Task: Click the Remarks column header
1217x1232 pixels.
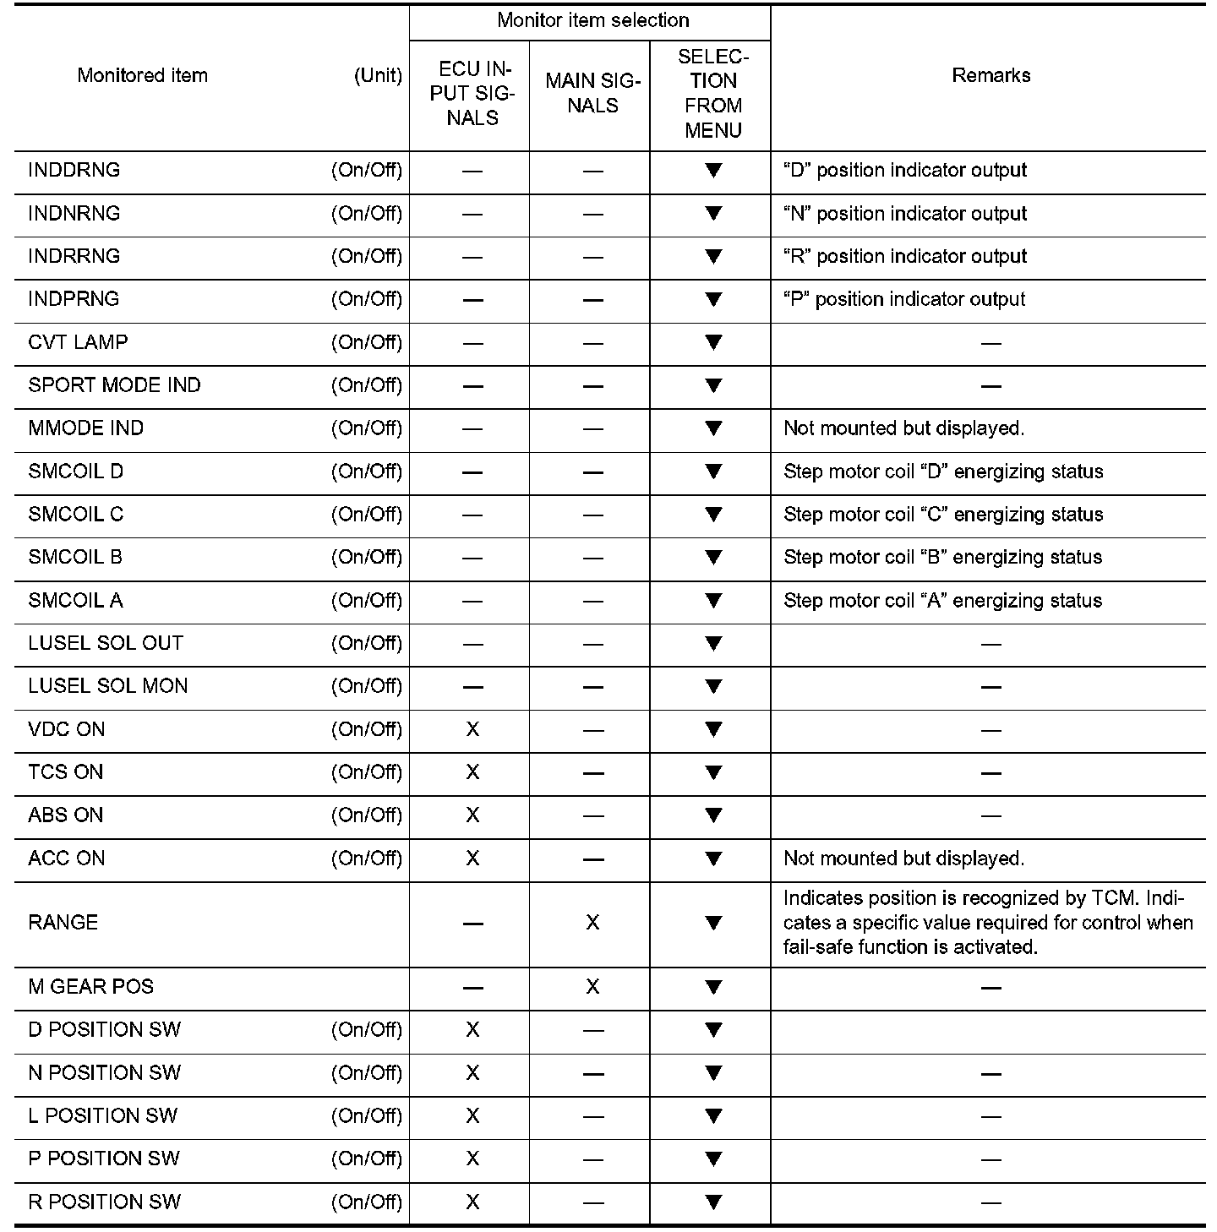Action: [x=991, y=75]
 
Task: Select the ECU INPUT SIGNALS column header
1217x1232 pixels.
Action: [x=472, y=93]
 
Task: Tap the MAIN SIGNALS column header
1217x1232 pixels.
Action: [x=592, y=93]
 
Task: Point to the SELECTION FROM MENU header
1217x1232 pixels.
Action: [x=713, y=93]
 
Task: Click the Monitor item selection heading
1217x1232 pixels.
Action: [x=592, y=20]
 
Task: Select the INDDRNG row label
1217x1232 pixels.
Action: [x=74, y=170]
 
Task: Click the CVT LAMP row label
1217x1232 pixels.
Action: [x=78, y=342]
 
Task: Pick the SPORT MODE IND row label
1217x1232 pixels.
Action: [x=114, y=385]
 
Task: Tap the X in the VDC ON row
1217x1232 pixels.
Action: [x=472, y=729]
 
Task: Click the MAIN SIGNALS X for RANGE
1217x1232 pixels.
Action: [x=592, y=923]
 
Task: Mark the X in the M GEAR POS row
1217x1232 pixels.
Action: [x=592, y=987]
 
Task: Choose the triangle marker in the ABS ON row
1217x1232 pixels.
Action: [x=713, y=815]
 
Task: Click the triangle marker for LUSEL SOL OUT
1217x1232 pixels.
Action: [x=713, y=643]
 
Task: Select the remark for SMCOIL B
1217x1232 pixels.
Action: [x=942, y=558]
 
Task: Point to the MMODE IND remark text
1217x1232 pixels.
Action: [x=903, y=428]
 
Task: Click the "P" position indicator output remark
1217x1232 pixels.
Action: [x=904, y=299]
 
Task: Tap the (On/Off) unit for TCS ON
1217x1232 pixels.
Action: [x=367, y=772]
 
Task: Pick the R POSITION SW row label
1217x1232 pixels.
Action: [x=104, y=1202]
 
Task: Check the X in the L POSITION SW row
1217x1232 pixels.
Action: [x=472, y=1116]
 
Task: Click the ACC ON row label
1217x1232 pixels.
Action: [x=67, y=859]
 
